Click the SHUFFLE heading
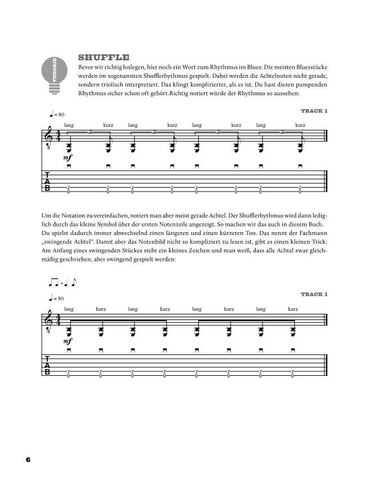[104, 57]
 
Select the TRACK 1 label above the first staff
[314, 111]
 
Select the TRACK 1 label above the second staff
[314, 294]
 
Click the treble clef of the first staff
[50, 139]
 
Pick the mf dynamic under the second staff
[69, 342]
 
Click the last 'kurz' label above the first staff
[300, 125]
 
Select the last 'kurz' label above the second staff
[292, 309]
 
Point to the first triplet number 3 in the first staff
[91, 132]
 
